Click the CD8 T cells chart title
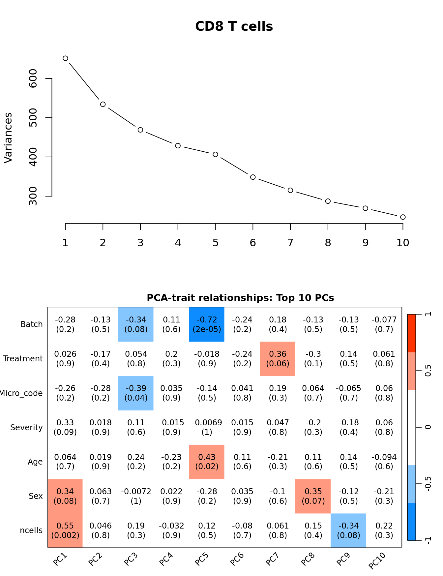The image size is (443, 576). click(234, 26)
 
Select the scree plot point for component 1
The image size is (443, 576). click(65, 58)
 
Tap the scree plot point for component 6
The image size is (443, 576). click(253, 177)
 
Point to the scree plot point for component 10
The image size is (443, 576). click(403, 217)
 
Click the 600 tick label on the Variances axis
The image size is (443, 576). click(33, 78)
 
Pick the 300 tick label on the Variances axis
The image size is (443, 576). click(33, 196)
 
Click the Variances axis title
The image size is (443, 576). click(8, 137)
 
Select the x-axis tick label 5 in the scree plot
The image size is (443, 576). click(215, 243)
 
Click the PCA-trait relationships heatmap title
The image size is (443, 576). click(240, 298)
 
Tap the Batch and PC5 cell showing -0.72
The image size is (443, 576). click(207, 324)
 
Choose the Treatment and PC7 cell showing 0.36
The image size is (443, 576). click(278, 359)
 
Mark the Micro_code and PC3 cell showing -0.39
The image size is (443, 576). click(136, 393)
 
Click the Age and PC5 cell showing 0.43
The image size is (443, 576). click(207, 462)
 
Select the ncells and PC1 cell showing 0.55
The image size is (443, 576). click(65, 530)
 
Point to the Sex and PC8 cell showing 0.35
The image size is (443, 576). click(313, 496)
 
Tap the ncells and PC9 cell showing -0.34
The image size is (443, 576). click(348, 530)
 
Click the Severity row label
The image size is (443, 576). click(26, 428)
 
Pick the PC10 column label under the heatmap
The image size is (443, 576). click(377, 561)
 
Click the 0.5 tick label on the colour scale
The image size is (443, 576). click(428, 371)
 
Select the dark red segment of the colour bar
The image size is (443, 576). click(412, 333)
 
